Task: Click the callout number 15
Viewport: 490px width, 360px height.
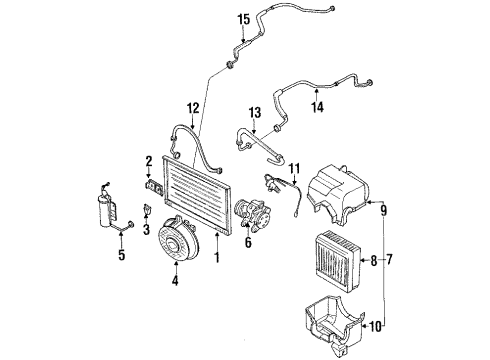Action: point(244,19)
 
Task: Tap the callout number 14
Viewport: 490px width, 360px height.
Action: point(317,107)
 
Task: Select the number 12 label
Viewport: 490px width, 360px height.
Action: point(193,108)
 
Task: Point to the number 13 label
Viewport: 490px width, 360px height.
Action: point(255,113)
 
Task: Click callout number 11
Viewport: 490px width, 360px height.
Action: point(295,168)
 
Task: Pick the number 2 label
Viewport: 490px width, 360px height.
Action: point(149,161)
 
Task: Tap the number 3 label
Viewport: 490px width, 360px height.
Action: point(147,230)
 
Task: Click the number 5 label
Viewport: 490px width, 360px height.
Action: point(122,255)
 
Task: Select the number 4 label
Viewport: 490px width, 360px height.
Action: point(175,280)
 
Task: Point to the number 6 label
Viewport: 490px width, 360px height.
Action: point(248,242)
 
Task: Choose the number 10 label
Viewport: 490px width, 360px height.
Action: point(375,326)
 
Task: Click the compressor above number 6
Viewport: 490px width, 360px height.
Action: point(253,214)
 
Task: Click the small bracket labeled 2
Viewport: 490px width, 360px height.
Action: point(154,188)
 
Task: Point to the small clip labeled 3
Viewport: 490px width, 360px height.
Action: point(147,210)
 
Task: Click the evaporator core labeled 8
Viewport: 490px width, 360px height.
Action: point(338,261)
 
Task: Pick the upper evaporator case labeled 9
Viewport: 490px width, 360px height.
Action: point(337,193)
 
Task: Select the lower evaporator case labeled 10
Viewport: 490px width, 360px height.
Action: point(335,325)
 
